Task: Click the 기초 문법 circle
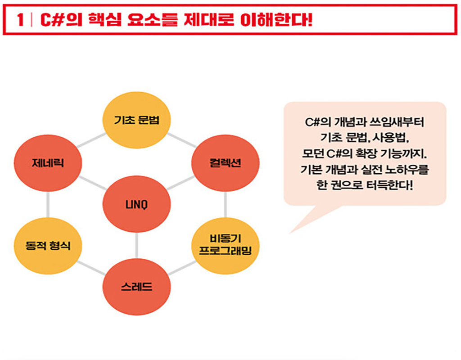point(136,120)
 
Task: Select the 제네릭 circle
point(48,163)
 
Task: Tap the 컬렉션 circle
point(226,163)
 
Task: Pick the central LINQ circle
point(136,204)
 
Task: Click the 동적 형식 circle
point(48,246)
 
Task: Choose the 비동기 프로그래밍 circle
point(226,246)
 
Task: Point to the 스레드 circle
point(136,287)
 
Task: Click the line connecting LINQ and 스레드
point(136,245)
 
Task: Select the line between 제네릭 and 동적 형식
point(48,205)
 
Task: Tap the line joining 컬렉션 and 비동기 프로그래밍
point(226,205)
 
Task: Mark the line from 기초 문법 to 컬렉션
point(182,140)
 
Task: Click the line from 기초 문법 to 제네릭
point(91,140)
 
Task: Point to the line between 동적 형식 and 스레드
point(91,268)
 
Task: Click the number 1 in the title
point(20,20)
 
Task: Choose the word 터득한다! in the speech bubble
point(390,185)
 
